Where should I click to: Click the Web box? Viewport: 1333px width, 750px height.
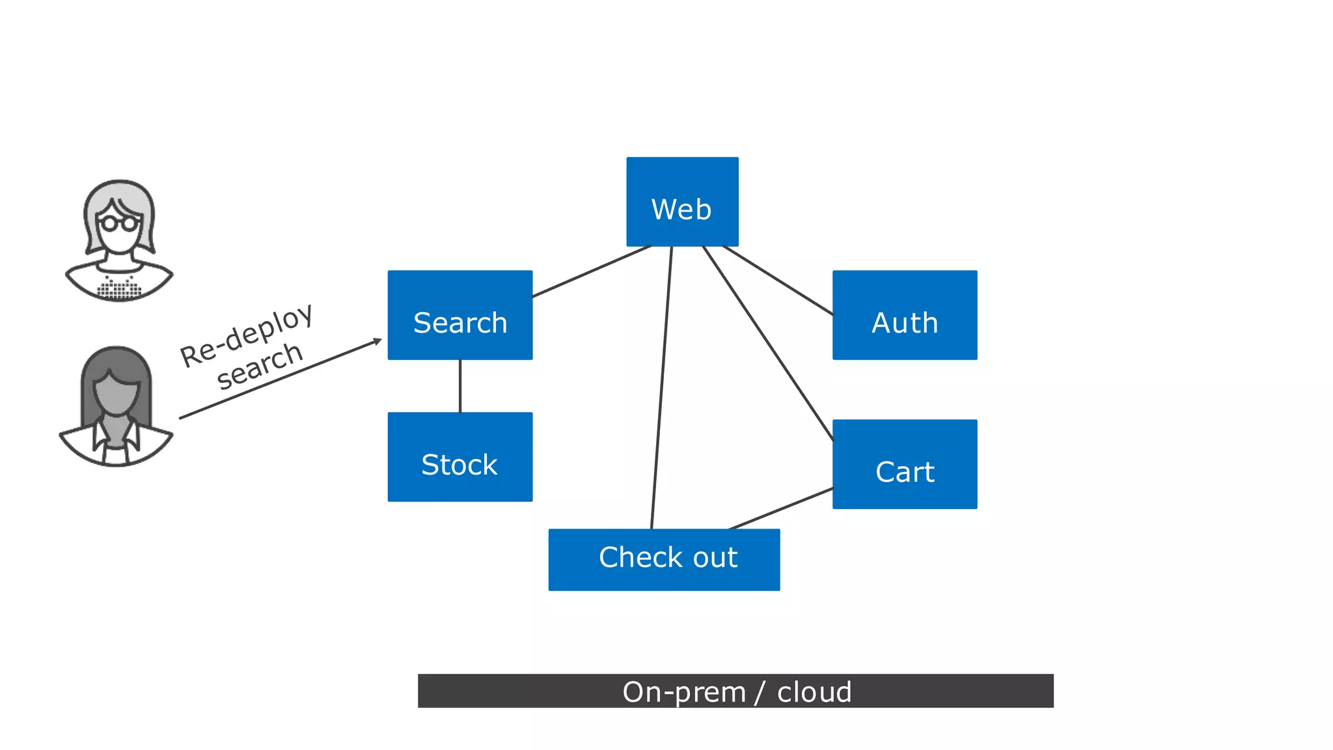point(682,202)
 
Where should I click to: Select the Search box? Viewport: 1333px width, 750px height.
point(460,315)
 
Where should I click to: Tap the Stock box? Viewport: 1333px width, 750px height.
point(460,457)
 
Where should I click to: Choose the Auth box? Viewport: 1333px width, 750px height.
point(905,315)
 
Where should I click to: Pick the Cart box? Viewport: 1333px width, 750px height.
point(905,464)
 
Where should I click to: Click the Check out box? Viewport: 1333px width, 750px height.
point(664,560)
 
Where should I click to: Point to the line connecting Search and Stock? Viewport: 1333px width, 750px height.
point(460,386)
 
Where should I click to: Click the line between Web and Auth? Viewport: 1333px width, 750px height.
point(778,281)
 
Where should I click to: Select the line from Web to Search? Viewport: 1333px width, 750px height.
point(591,271)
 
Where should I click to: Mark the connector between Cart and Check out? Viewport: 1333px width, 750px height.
point(781,508)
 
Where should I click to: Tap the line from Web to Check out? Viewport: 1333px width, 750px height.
point(661,388)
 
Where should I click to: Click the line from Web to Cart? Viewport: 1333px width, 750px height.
point(768,344)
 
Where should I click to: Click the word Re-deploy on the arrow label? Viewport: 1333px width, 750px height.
point(247,336)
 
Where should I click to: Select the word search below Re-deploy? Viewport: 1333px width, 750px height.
point(260,367)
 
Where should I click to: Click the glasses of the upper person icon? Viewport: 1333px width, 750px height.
point(118,223)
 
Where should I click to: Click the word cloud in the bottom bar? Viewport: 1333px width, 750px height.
point(814,691)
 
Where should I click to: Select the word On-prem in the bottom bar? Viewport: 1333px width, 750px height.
point(683,691)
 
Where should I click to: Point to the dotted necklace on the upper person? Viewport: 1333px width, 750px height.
point(119,288)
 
